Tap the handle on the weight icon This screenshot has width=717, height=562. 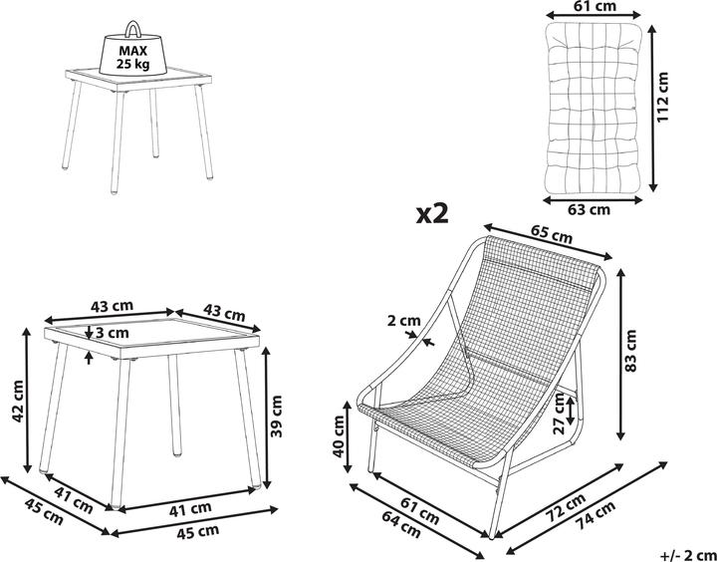(x=133, y=28)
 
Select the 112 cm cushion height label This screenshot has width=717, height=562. (x=662, y=96)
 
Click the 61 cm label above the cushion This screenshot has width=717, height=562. (x=594, y=6)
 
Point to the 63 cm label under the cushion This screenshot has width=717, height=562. (x=589, y=209)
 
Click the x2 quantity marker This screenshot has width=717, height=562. (x=432, y=213)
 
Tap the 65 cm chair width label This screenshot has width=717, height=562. (x=551, y=234)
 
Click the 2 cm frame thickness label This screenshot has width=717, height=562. (x=403, y=321)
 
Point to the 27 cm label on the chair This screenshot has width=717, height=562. (x=559, y=415)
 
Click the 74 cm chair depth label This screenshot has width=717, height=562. (x=595, y=516)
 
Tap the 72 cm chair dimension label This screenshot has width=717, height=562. (x=565, y=506)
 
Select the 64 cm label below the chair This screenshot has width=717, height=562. (x=400, y=523)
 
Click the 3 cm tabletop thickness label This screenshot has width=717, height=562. (x=112, y=332)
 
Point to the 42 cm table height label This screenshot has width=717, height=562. (x=18, y=402)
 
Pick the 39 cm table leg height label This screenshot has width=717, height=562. (x=276, y=417)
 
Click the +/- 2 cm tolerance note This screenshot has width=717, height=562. (x=688, y=554)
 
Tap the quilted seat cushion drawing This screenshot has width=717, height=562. (x=594, y=108)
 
